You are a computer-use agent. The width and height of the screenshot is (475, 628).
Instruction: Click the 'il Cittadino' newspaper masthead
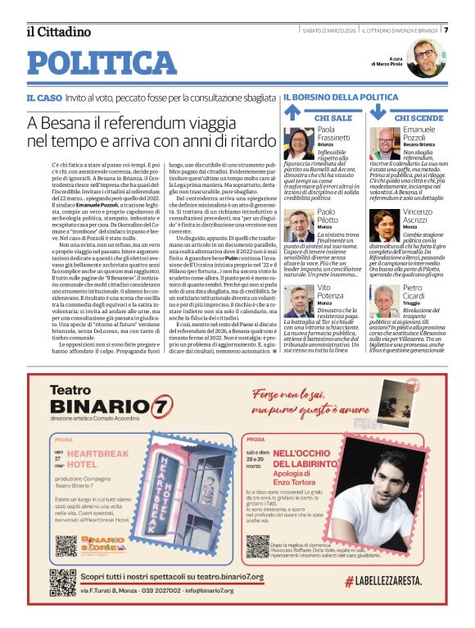pos(58,32)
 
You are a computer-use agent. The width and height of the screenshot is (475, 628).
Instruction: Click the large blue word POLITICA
pos(102,64)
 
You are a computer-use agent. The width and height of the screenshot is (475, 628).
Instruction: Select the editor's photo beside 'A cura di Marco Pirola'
pos(424,58)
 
